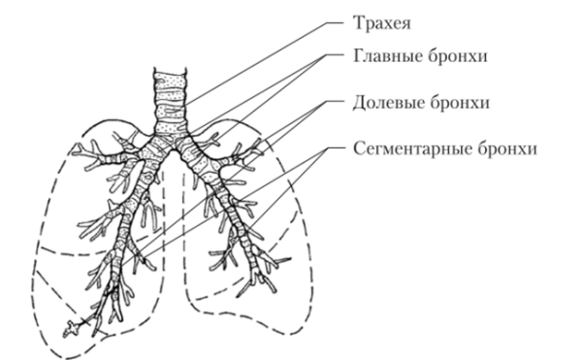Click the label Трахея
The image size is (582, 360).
[x=380, y=18]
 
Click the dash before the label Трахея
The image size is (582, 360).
[x=335, y=19]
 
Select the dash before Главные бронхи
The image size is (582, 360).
[x=335, y=55]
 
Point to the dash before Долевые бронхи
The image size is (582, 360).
[x=335, y=102]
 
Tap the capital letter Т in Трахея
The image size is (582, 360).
[x=353, y=18]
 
